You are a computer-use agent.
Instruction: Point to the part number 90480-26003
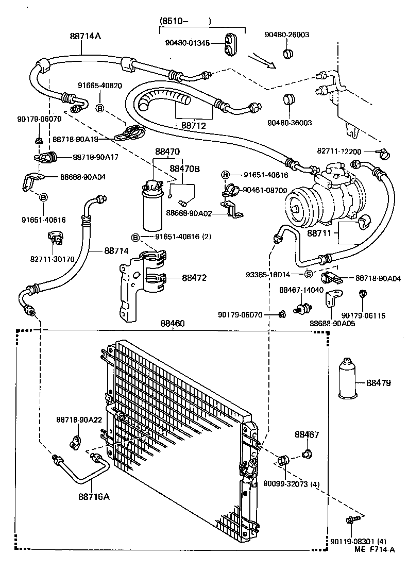pyautogui.click(x=288, y=35)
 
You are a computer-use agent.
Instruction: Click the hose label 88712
pyautogui.click(x=193, y=125)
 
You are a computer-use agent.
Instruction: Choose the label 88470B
pyautogui.click(x=185, y=169)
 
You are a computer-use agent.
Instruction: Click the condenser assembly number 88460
pyautogui.click(x=173, y=324)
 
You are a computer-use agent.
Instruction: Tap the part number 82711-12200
pyautogui.click(x=340, y=151)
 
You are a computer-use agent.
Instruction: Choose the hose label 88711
pyautogui.click(x=322, y=233)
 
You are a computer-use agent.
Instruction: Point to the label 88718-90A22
pyautogui.click(x=79, y=420)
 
